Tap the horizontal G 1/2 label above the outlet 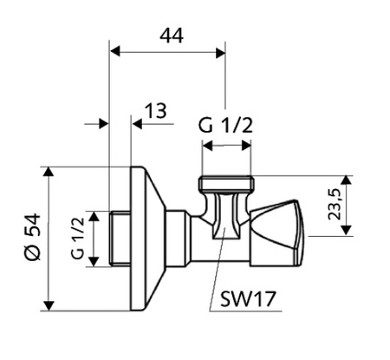226,126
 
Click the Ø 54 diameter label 31,238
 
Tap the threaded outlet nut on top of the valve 226,184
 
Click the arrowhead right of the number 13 137,124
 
